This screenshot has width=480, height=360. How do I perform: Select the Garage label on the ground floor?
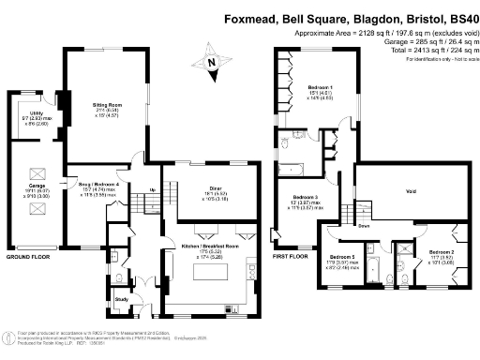[x=37, y=186]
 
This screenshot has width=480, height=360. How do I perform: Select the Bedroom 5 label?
[x=342, y=256]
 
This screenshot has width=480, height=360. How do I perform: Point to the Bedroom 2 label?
[x=442, y=252]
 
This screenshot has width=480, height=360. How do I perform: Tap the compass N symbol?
[x=212, y=63]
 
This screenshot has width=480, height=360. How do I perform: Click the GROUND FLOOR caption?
[x=27, y=256]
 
